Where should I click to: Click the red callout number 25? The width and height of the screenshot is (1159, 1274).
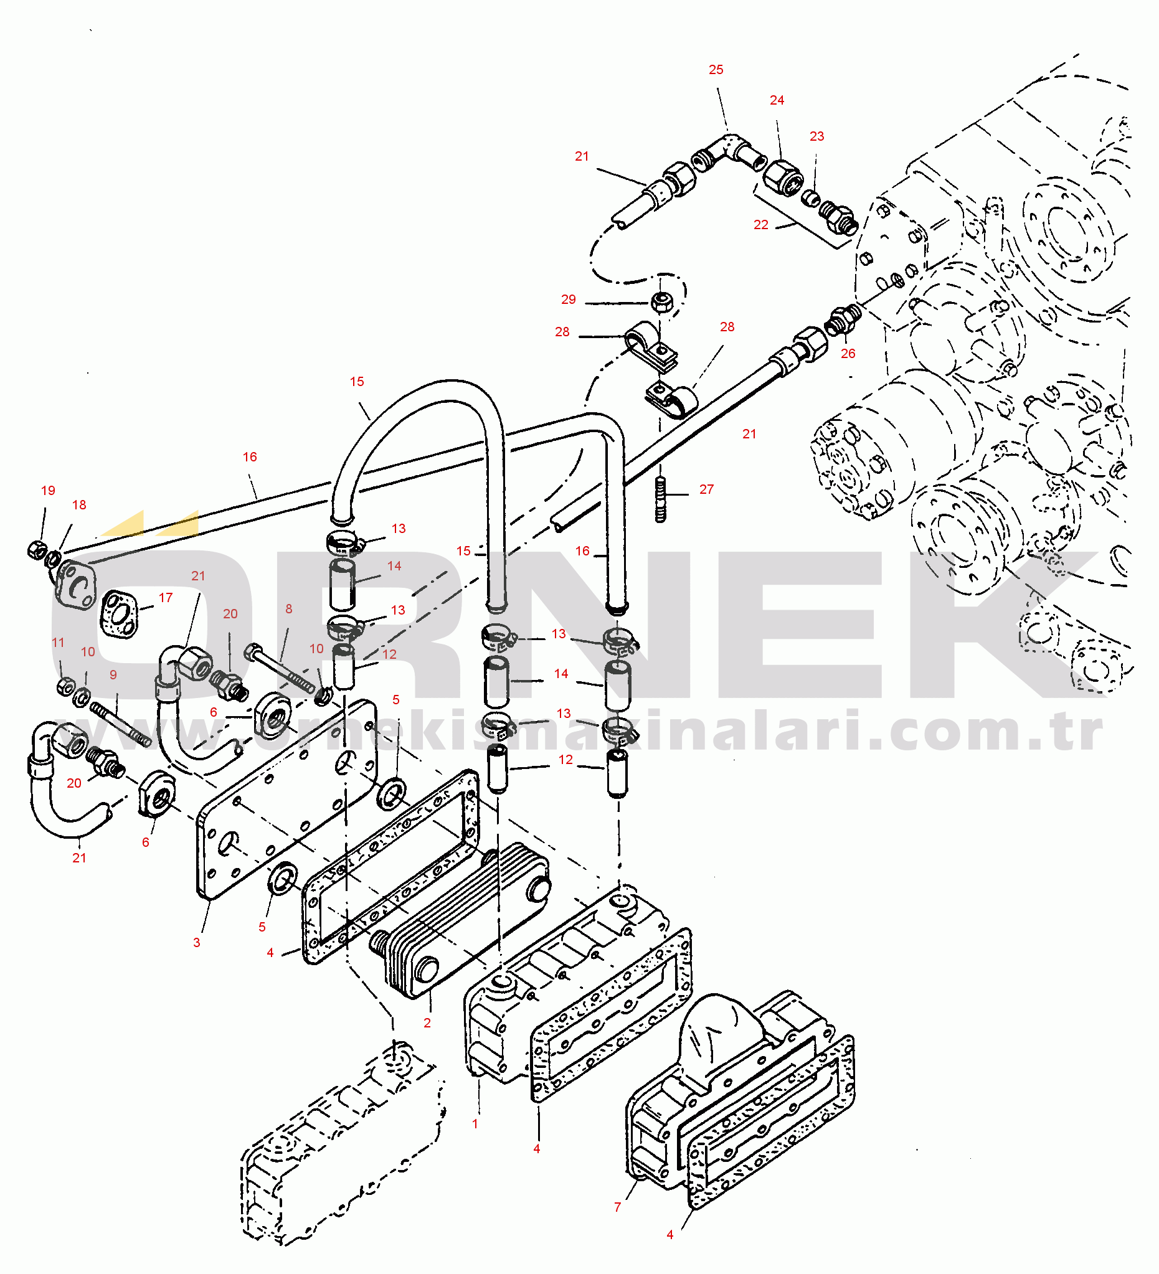tap(716, 70)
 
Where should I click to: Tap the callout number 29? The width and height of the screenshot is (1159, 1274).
tap(568, 300)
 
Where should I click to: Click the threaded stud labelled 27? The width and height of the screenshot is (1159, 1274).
tap(660, 499)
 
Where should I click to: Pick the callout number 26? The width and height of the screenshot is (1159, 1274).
tap(848, 354)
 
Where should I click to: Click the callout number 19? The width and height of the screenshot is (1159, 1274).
tap(48, 491)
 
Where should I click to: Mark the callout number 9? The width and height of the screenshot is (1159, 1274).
tap(113, 675)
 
